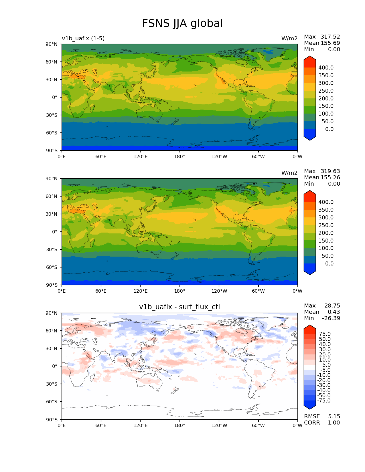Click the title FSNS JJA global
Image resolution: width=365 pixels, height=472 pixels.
click(x=182, y=23)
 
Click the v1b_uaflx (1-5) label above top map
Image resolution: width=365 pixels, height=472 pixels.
click(x=83, y=39)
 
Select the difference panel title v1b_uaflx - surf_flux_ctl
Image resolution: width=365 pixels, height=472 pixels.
click(x=179, y=307)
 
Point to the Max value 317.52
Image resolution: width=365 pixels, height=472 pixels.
click(x=330, y=37)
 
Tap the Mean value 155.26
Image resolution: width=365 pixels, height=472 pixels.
click(x=330, y=178)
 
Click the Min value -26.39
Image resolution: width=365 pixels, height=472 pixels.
click(x=331, y=318)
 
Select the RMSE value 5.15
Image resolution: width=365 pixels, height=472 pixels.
click(x=334, y=417)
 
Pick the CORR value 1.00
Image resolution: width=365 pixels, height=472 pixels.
click(x=334, y=423)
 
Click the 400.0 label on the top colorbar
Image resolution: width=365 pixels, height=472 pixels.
click(x=326, y=68)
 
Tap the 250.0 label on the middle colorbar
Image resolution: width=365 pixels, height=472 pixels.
click(x=326, y=225)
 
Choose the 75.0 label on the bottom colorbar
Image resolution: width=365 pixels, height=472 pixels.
click(x=325, y=334)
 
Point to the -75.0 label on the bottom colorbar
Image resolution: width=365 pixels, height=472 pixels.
click(x=324, y=401)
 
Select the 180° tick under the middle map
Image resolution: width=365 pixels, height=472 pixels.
click(x=179, y=291)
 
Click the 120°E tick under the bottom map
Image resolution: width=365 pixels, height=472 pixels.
click(x=140, y=426)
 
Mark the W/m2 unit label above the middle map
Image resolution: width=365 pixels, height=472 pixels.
click(x=289, y=173)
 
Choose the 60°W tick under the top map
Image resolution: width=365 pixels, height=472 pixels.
click(x=258, y=157)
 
